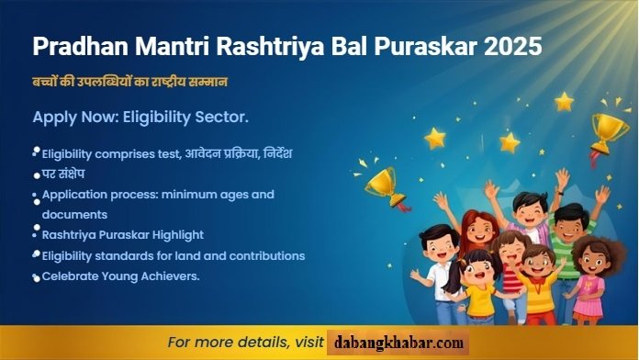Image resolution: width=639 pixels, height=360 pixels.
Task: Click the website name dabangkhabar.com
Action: point(398,343)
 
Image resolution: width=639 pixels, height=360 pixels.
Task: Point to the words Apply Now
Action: point(69,118)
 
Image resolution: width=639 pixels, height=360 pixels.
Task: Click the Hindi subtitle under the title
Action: point(129,82)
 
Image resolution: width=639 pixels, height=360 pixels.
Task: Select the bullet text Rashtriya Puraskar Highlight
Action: point(123,234)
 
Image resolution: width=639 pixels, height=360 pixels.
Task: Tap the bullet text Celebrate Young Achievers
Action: point(120,276)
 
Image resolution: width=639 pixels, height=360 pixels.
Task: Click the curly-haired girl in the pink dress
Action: point(589,276)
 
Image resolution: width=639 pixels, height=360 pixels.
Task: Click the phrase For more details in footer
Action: point(230,343)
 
